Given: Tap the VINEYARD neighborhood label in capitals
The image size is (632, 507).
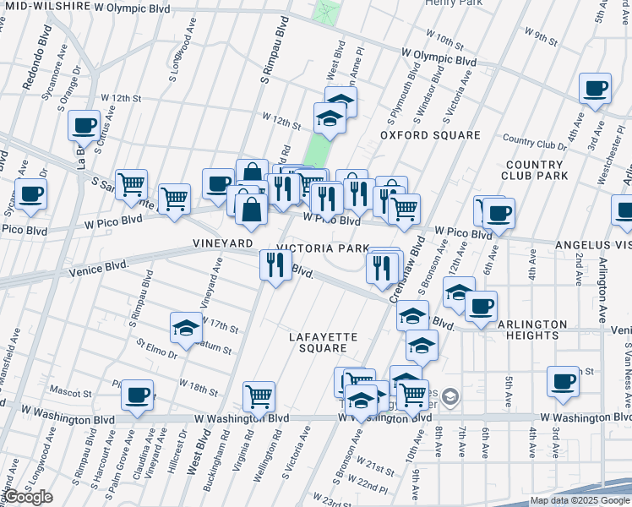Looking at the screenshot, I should (223, 243).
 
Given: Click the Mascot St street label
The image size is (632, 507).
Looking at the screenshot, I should (70, 393).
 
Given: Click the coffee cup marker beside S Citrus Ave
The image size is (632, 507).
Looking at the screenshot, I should (84, 126).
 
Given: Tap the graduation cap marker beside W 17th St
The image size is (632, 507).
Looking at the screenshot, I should (186, 329).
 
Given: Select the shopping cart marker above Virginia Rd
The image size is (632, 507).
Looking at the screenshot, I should (259, 395).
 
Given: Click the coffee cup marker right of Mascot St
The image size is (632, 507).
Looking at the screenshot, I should (137, 395).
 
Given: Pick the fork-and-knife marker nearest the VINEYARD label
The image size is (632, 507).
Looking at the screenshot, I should (275, 266).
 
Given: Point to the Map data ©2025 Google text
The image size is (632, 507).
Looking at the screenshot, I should (579, 500).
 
